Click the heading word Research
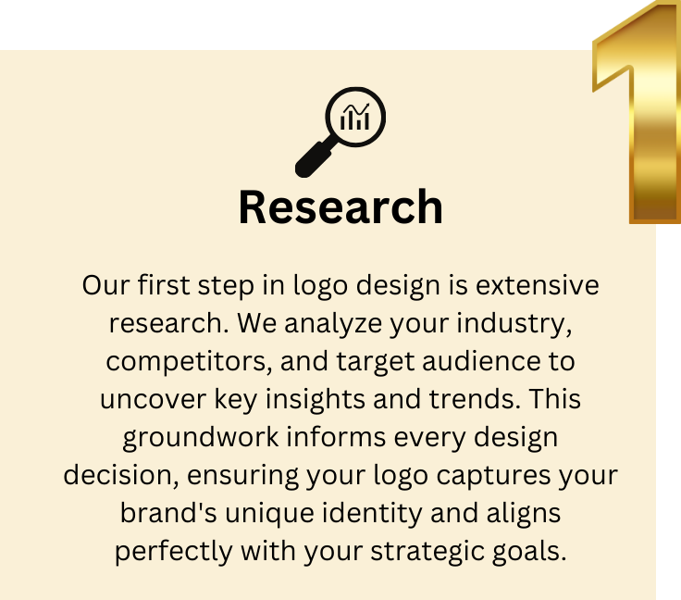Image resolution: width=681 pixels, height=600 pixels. click(340, 207)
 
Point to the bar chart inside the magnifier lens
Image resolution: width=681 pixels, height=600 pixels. click(355, 118)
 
